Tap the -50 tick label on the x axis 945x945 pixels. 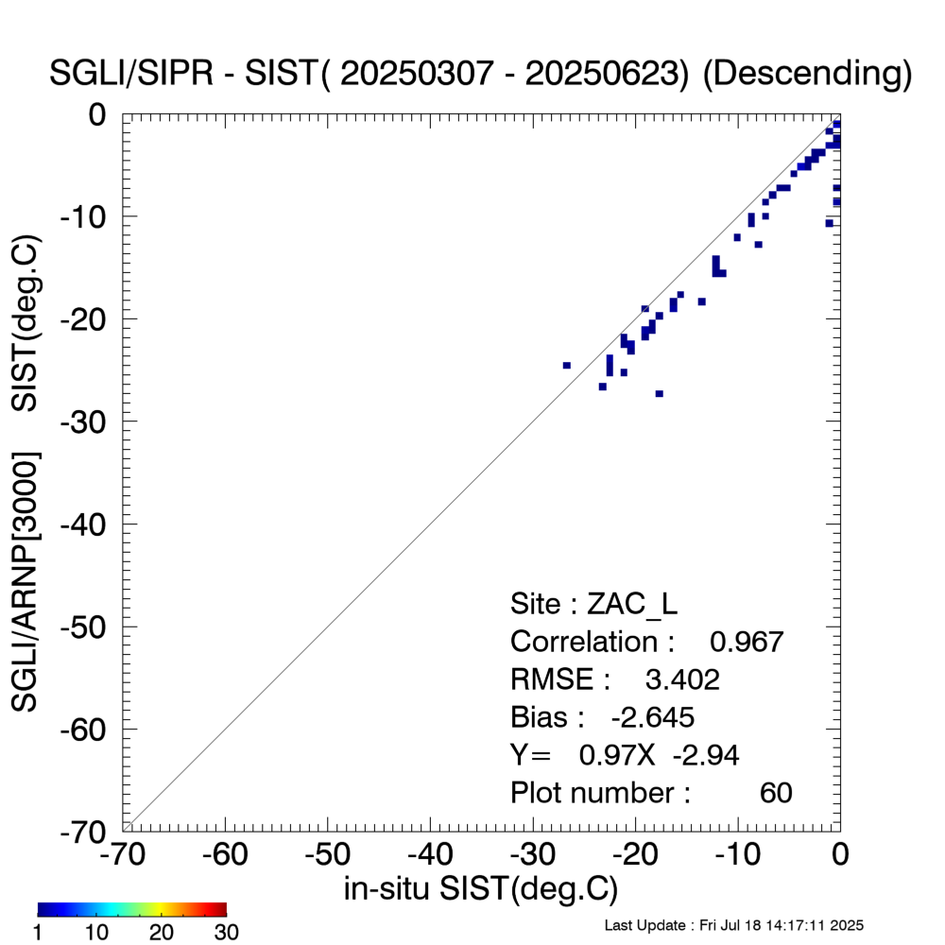[x=327, y=855]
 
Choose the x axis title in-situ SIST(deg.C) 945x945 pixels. [x=480, y=888]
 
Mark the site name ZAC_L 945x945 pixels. [x=631, y=603]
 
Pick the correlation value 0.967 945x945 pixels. [x=747, y=642]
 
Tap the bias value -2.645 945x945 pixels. [x=653, y=717]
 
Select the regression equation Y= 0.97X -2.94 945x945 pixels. [x=625, y=755]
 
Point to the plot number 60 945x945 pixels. [x=776, y=793]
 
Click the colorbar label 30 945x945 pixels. [x=225, y=933]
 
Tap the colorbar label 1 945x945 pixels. [x=41, y=933]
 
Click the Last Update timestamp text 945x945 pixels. [x=733, y=924]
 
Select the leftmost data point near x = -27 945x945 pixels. [x=567, y=365]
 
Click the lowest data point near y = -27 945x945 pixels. [x=659, y=393]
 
